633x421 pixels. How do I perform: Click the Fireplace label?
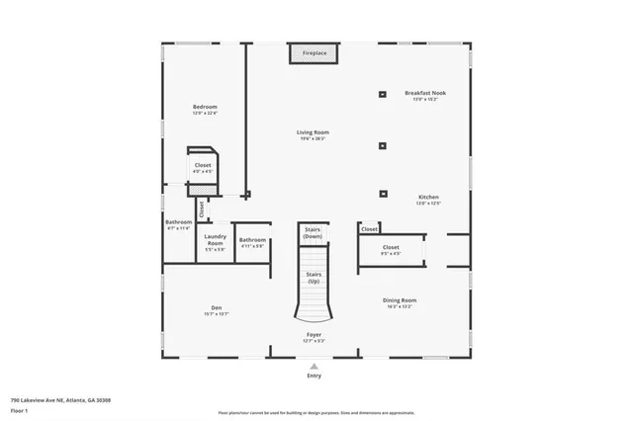tap(314, 52)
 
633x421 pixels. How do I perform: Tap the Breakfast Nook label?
tap(425, 93)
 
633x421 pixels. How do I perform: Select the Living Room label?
tap(313, 131)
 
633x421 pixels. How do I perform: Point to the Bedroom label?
tap(205, 107)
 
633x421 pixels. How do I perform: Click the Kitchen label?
tap(427, 197)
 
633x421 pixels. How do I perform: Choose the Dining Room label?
tap(400, 299)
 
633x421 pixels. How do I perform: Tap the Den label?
tap(216, 307)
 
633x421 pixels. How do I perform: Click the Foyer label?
tap(313, 335)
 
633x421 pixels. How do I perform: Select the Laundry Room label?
tap(215, 239)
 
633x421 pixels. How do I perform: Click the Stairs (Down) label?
tap(313, 233)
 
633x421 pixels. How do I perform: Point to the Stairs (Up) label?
tap(313, 278)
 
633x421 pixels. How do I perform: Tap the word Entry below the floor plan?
tap(314, 376)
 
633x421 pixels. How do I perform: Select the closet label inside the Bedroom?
tap(203, 165)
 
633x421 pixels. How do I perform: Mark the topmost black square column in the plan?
tap(382, 95)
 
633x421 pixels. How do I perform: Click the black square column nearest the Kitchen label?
tap(382, 195)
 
